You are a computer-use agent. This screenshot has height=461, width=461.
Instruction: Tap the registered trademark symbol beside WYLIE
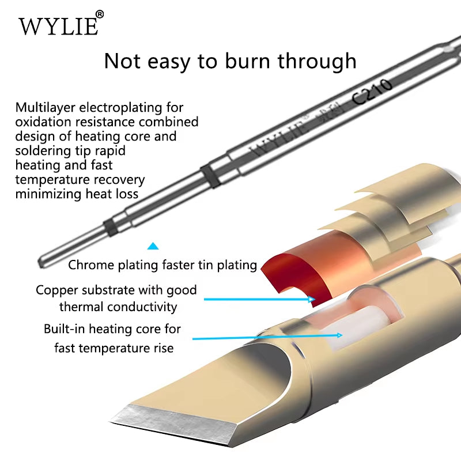100,14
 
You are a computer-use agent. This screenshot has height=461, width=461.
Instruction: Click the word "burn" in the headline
247,61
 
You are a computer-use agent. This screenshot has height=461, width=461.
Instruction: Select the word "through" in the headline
317,62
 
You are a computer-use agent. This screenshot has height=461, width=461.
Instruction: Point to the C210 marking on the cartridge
372,92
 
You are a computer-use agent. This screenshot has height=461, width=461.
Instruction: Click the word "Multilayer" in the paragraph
46,108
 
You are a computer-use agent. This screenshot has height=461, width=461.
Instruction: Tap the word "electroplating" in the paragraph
120,108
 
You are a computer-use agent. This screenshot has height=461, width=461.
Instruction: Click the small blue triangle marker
153,246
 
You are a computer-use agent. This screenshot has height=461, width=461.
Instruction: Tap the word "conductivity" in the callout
142,307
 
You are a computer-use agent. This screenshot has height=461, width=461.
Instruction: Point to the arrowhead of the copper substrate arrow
312,299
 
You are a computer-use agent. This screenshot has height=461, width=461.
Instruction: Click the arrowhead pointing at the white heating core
339,335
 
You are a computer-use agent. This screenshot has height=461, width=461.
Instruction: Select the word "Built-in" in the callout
65,329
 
